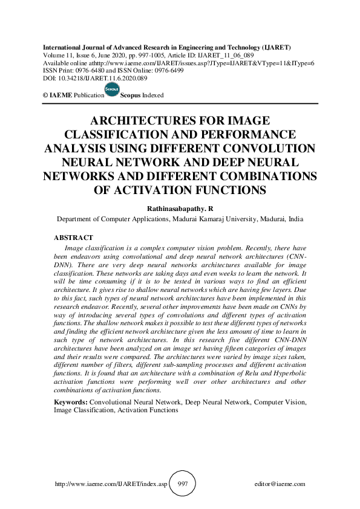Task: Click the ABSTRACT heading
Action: click(73, 238)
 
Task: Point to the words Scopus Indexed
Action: click(142, 96)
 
